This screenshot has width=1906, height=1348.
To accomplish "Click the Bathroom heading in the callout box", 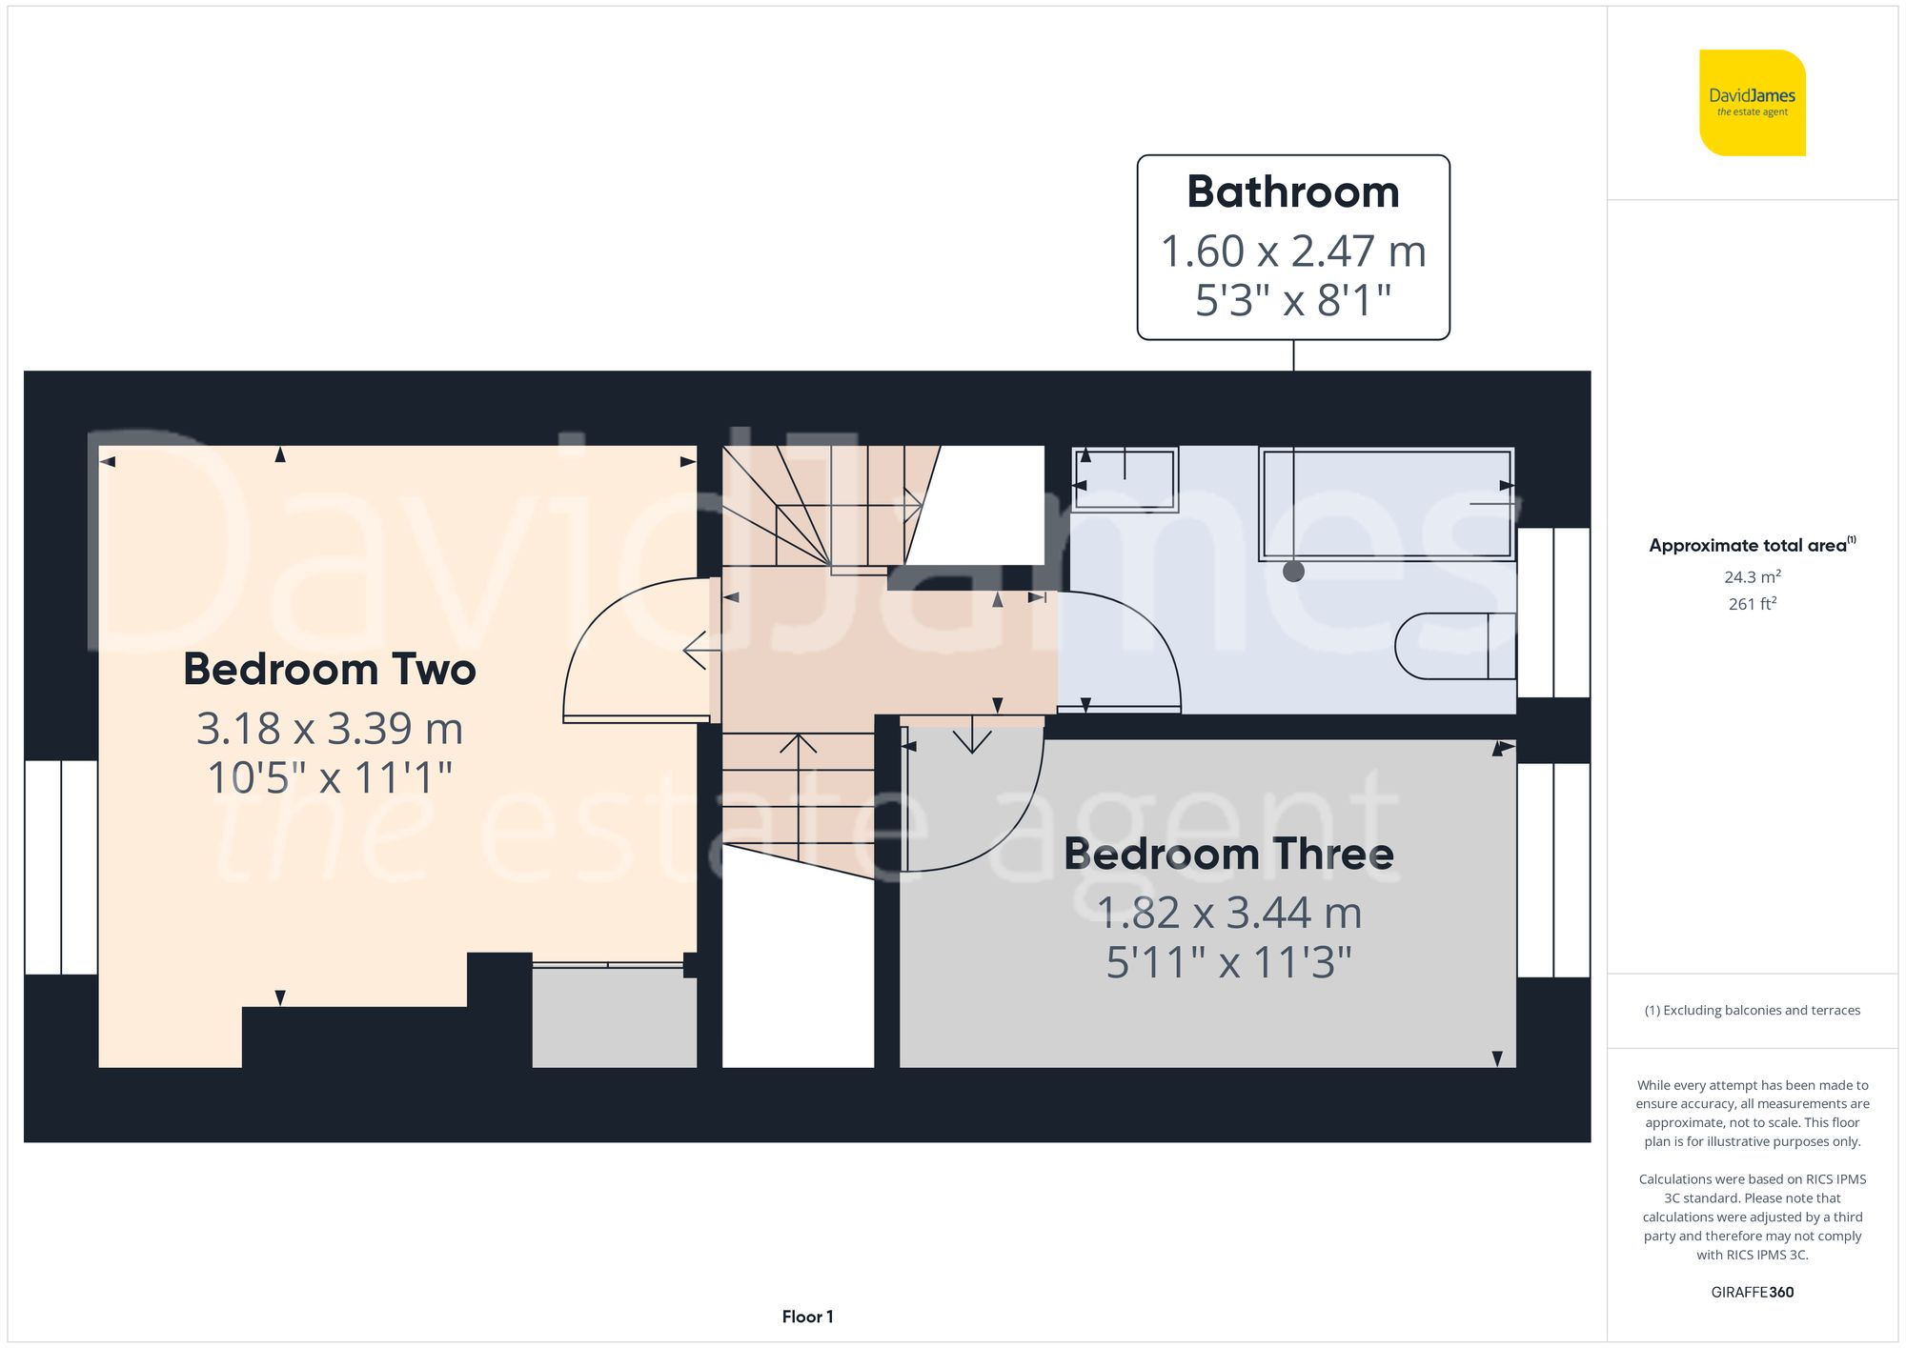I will (x=1292, y=192).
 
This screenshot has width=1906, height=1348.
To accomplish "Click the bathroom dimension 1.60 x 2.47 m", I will (x=1292, y=251).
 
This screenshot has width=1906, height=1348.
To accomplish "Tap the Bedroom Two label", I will (x=329, y=669).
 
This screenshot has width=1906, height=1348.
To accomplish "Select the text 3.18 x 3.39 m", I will (x=329, y=729).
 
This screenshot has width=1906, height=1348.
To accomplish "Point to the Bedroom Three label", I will (x=1227, y=854).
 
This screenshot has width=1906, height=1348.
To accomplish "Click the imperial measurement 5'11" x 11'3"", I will (x=1227, y=962).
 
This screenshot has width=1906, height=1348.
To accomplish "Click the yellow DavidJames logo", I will (x=1752, y=103).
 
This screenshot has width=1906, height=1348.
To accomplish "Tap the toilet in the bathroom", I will (x=1453, y=646).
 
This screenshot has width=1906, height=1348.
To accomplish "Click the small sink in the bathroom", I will (x=1125, y=479).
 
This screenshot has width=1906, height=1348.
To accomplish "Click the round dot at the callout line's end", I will (x=1293, y=572).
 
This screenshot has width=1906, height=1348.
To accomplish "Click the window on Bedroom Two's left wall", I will (x=61, y=867).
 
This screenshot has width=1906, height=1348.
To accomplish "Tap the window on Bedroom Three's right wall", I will (x=1553, y=869).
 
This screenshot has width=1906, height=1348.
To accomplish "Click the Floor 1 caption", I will (x=807, y=1317).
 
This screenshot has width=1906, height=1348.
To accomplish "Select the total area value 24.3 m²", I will (x=1752, y=576).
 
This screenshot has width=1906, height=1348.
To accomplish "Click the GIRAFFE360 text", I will (x=1752, y=1292).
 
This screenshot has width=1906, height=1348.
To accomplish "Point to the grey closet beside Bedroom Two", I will (x=614, y=1017).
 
